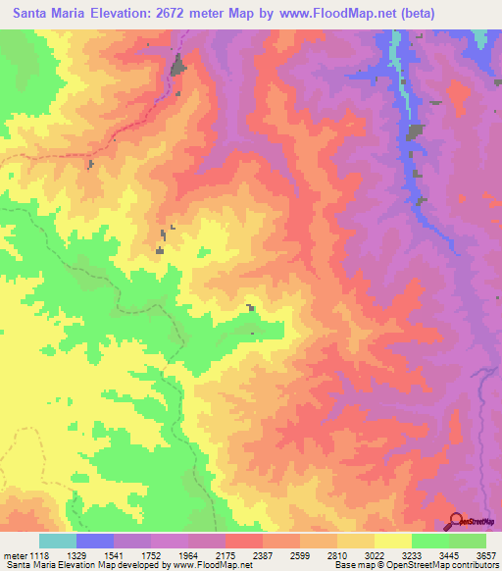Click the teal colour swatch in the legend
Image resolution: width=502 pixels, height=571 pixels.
click(58, 541)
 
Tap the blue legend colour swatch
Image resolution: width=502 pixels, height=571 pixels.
click(95, 541)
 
